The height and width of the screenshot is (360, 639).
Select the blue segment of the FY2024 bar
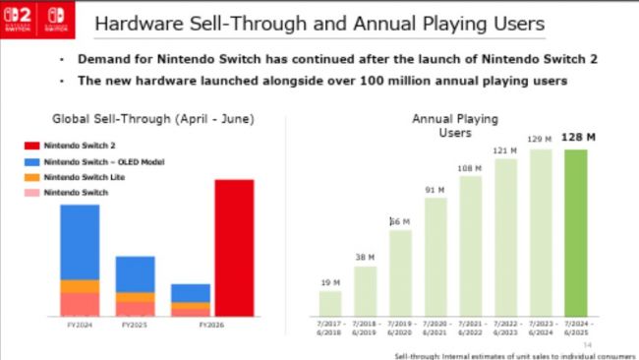click(x=80, y=241)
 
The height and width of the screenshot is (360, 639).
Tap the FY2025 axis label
click(x=135, y=324)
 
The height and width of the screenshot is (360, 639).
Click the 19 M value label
click(x=330, y=281)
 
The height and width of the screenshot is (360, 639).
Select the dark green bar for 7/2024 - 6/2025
click(x=576, y=232)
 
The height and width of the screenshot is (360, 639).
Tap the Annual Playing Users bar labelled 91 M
click(x=436, y=256)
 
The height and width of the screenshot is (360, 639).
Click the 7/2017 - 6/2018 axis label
click(x=330, y=326)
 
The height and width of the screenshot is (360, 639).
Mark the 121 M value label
click(x=506, y=150)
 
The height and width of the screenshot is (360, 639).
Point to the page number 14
click(x=588, y=344)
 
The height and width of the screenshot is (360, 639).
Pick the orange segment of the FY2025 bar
click(x=135, y=296)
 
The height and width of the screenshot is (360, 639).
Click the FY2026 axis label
click(x=209, y=324)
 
